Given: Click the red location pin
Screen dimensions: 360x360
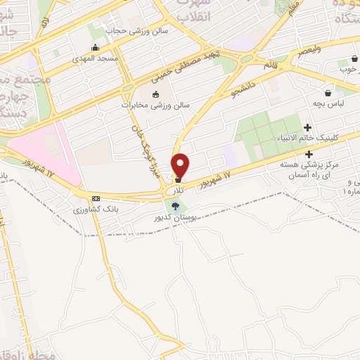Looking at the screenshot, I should click(x=181, y=165).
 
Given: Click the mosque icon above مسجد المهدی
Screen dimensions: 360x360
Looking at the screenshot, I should click(x=95, y=48).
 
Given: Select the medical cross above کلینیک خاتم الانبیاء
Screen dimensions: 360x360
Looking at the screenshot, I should click(x=308, y=127).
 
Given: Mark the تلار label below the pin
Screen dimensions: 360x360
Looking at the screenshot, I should click(x=180, y=191).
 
